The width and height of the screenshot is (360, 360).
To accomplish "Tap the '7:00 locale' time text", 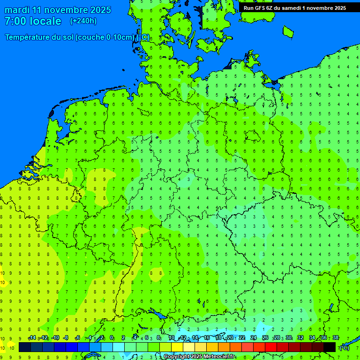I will click(33, 21).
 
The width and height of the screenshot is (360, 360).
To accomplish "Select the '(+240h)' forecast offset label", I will click(83, 21).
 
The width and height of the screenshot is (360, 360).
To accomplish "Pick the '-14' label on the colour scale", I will click(32, 338).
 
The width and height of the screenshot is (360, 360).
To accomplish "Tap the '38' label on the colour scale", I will click(335, 338).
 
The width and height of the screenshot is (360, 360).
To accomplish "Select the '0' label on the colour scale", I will click(112, 338).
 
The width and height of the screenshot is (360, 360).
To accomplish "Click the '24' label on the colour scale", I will click(254, 338).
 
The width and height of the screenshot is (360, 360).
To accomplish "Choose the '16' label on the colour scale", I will click(207, 338).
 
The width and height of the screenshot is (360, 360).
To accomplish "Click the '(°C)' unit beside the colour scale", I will click(344, 348).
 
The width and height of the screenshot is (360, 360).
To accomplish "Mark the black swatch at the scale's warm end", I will click(330, 347).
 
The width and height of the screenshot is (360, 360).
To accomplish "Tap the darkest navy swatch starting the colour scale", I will click(25, 347).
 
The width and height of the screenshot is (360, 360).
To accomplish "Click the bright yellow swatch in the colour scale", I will click(177, 347).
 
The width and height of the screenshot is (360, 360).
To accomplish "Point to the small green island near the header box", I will click(288, 31).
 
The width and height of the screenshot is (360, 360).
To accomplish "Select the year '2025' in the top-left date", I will click(100, 10).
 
